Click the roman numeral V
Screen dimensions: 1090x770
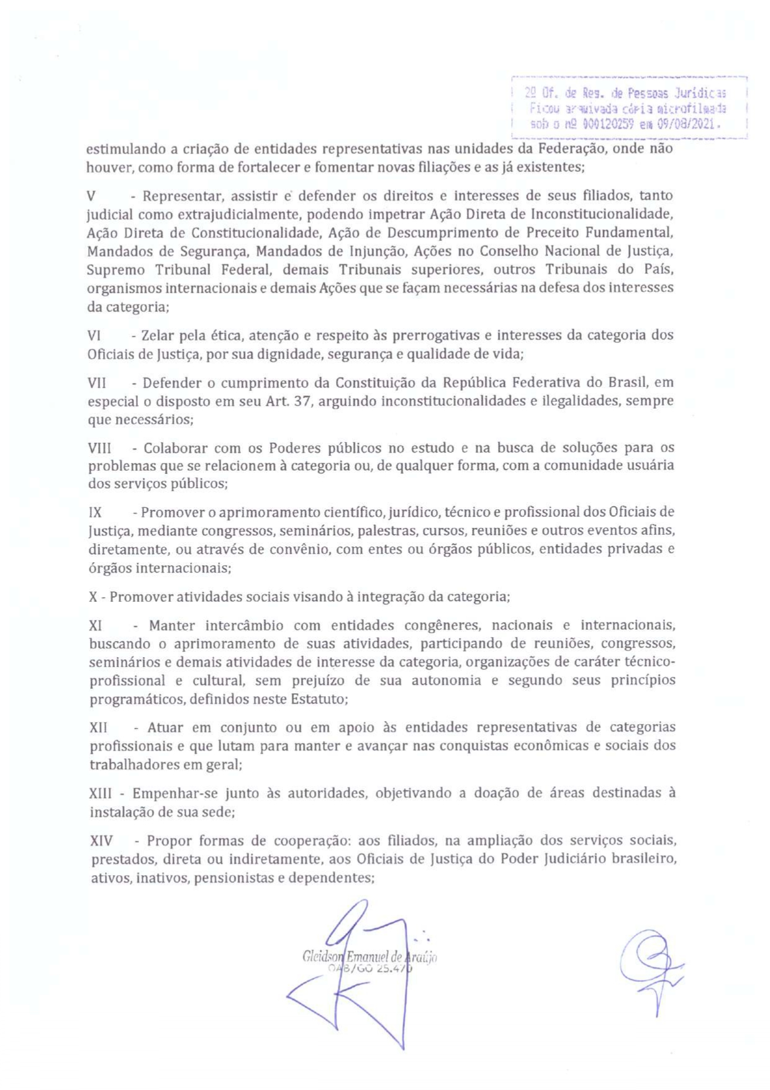click(91, 196)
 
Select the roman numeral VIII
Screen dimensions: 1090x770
click(99, 448)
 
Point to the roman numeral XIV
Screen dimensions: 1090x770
click(102, 841)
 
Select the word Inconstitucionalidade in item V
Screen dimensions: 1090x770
click(602, 214)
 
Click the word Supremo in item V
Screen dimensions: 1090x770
click(116, 270)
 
